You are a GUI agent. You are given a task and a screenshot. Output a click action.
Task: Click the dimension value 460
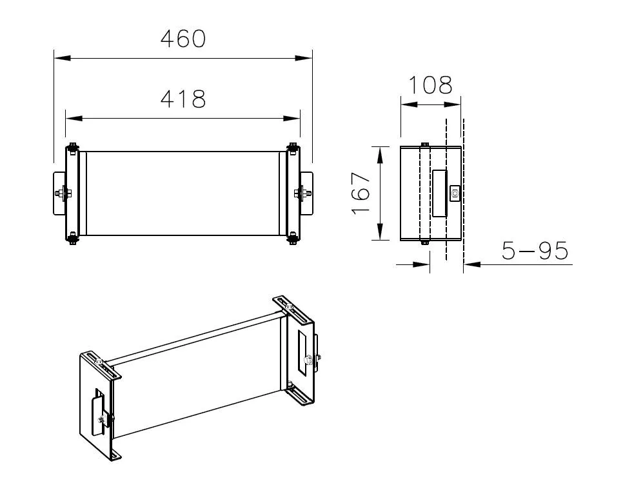tap(183, 39)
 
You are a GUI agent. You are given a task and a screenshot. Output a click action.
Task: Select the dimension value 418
tap(183, 99)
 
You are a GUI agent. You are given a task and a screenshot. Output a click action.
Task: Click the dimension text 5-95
tap(535, 251)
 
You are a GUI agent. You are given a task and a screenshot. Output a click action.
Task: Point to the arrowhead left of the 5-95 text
tap(471, 264)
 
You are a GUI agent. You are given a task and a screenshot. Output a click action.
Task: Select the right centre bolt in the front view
tap(301, 193)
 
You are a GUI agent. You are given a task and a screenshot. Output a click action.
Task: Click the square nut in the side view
tap(455, 193)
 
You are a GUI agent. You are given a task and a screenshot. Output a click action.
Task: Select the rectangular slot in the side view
tap(440, 193)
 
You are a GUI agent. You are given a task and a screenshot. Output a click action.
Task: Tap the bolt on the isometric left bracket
tap(103, 420)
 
